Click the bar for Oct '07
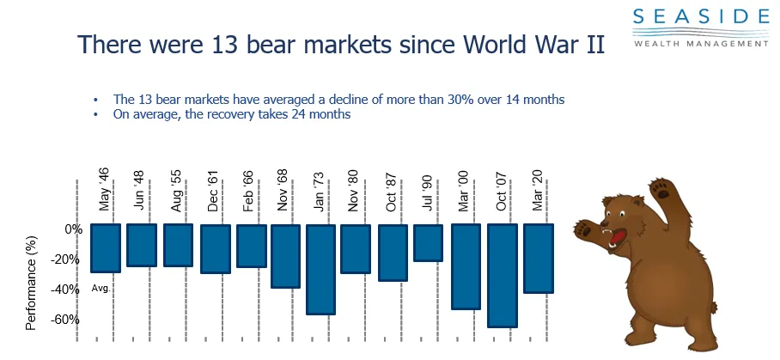pyautogui.click(x=503, y=275)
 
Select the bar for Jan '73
pyautogui.click(x=320, y=269)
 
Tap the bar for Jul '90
pyautogui.click(x=428, y=242)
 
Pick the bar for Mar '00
pyautogui.click(x=466, y=266)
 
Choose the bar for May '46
pyautogui.click(x=105, y=248)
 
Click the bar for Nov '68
pyautogui.click(x=285, y=256)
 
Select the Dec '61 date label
pyautogui.click(x=215, y=195)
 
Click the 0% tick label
pyautogui.click(x=73, y=229)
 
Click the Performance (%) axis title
pyautogui.click(x=31, y=275)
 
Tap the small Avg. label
pyautogui.click(x=101, y=289)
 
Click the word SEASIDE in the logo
pyautogui.click(x=702, y=16)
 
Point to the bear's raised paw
pyautogui.click(x=661, y=188)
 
